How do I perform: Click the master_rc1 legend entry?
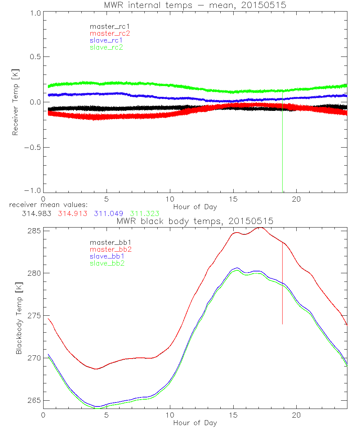[106, 26]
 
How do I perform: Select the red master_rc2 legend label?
[110, 33]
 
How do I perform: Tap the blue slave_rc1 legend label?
[106, 40]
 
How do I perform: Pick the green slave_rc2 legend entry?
[106, 47]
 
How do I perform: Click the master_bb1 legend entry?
[108, 243]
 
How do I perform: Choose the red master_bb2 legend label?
[111, 249]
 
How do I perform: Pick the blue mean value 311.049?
[108, 213]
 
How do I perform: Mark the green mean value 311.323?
[145, 213]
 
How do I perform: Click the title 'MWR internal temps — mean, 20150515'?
[195, 5]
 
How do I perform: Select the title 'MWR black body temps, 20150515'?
[195, 221]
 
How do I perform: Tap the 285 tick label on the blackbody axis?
[33, 230]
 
